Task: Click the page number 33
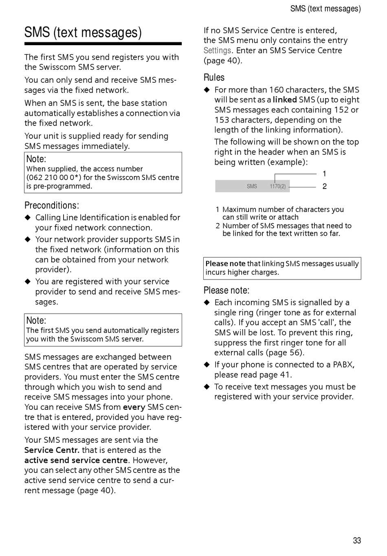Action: [357, 541]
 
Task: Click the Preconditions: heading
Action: [51, 205]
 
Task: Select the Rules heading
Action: [214, 77]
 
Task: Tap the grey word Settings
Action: [217, 51]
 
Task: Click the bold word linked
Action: [284, 100]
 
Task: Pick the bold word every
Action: [134, 407]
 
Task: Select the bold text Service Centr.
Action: [52, 450]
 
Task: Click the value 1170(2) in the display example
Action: [277, 186]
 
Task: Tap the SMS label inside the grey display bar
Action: [252, 186]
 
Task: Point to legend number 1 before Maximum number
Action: [218, 210]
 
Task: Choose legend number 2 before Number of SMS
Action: [218, 226]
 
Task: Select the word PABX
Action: [343, 365]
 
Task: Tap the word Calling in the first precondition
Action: [48, 218]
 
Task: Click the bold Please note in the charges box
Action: [225, 264]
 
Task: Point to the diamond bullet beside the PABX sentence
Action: [207, 365]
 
